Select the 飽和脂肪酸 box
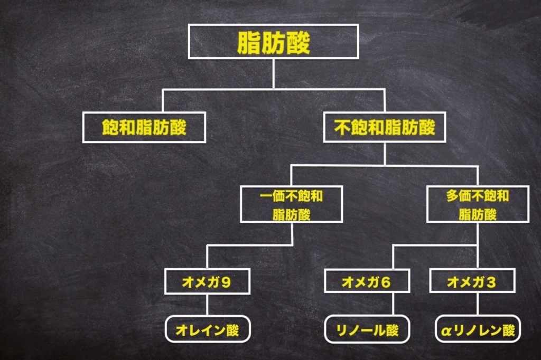coord(144,127)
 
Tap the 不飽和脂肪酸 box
coord(385,127)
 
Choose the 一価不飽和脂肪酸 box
coord(291,204)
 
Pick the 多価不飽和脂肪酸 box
coord(477,204)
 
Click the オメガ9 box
coord(207,282)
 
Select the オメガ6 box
coord(366,282)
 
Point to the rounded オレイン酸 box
coord(207,330)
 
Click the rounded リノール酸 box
coord(367,330)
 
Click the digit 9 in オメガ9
coord(227,282)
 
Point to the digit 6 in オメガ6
coord(386,282)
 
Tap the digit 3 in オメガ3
coord(491,282)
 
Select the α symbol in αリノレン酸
coord(445,331)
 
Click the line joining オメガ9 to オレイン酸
coord(207,305)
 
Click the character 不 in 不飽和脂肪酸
coord(341,127)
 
